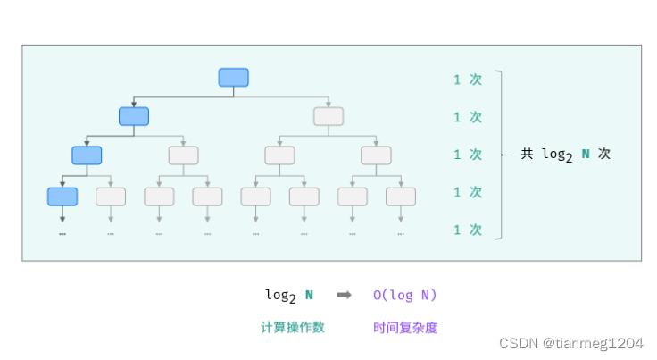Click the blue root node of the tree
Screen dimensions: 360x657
[234, 78]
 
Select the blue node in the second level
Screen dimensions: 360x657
[134, 116]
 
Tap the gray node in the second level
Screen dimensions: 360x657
[328, 116]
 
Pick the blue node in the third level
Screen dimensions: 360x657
[87, 155]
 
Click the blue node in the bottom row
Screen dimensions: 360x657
[62, 197]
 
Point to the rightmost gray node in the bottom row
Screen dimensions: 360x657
[401, 197]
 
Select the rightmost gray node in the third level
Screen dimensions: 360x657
[377, 155]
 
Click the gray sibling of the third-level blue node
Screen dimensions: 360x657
[184, 155]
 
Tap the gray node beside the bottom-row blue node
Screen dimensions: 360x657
[111, 197]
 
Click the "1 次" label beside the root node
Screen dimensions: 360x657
[467, 79]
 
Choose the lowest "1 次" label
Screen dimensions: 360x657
[467, 230]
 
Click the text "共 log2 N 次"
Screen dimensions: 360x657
[566, 154]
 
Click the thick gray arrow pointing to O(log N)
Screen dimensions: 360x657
[344, 295]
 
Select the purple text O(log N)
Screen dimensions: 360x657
[405, 295]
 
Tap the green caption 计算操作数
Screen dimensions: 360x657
[292, 327]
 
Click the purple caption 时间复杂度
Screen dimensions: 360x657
[405, 327]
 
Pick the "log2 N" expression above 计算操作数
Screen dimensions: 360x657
[289, 295]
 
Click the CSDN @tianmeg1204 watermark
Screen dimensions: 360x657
[570, 344]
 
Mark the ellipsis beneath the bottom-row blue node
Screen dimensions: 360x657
[62, 233]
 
